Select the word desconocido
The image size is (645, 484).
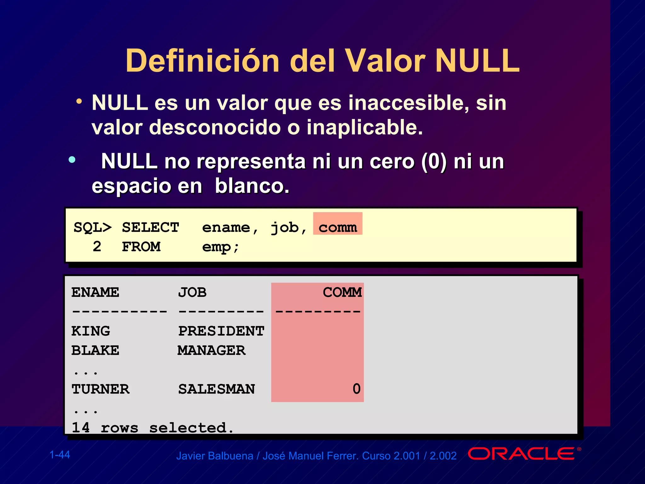[214, 128]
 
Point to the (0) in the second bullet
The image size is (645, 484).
[434, 162]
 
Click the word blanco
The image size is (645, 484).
[252, 186]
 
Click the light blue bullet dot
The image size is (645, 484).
[72, 159]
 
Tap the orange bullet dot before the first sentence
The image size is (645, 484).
[79, 101]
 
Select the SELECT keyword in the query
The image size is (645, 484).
[151, 228]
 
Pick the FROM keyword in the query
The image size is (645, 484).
[141, 247]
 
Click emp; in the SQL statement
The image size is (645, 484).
[220, 247]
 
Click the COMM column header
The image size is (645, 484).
[342, 292]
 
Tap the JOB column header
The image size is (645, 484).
[192, 292]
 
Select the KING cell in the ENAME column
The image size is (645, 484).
[91, 331]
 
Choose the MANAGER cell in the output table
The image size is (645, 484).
[211, 350]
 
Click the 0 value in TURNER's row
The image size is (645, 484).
[356, 389]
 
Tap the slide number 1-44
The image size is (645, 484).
[60, 455]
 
